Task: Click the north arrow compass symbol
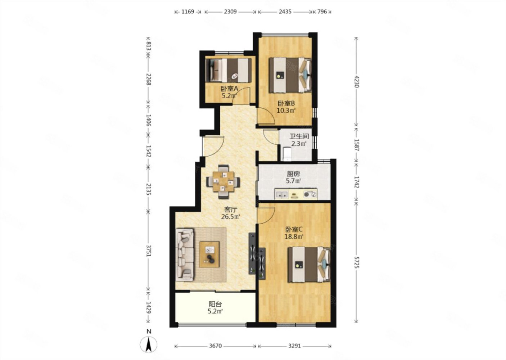point(148,345)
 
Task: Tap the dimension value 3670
point(215,346)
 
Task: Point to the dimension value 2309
point(230,12)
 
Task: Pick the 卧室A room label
point(229,89)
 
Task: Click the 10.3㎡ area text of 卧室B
point(286,111)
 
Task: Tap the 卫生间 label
point(299,136)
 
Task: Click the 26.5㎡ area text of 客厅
point(230,217)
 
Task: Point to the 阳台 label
point(215,304)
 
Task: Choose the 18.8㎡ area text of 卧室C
point(294,237)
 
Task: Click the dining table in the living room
point(223,182)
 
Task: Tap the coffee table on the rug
point(209,255)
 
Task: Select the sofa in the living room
point(185,255)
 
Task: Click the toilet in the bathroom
point(287,154)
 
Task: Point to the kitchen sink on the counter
point(281,194)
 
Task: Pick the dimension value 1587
point(356,145)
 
